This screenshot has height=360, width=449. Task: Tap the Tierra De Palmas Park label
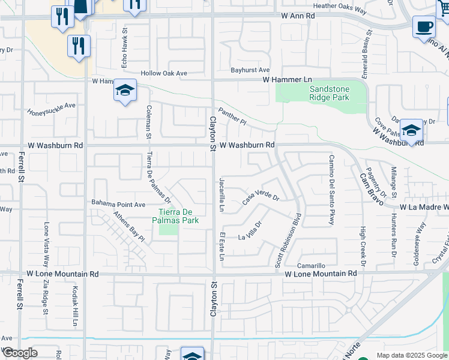pos(178,216)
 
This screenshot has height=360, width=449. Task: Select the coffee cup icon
pos(424,27)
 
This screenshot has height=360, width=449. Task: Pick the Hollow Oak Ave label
pos(164,73)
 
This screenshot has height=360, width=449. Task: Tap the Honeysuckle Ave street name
pos(52,109)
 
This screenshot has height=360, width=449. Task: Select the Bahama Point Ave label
pos(118,205)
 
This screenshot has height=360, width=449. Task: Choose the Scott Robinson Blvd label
pos(288,239)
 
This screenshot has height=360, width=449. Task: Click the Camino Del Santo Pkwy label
pos(331,189)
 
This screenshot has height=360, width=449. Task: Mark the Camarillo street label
pos(311,266)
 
